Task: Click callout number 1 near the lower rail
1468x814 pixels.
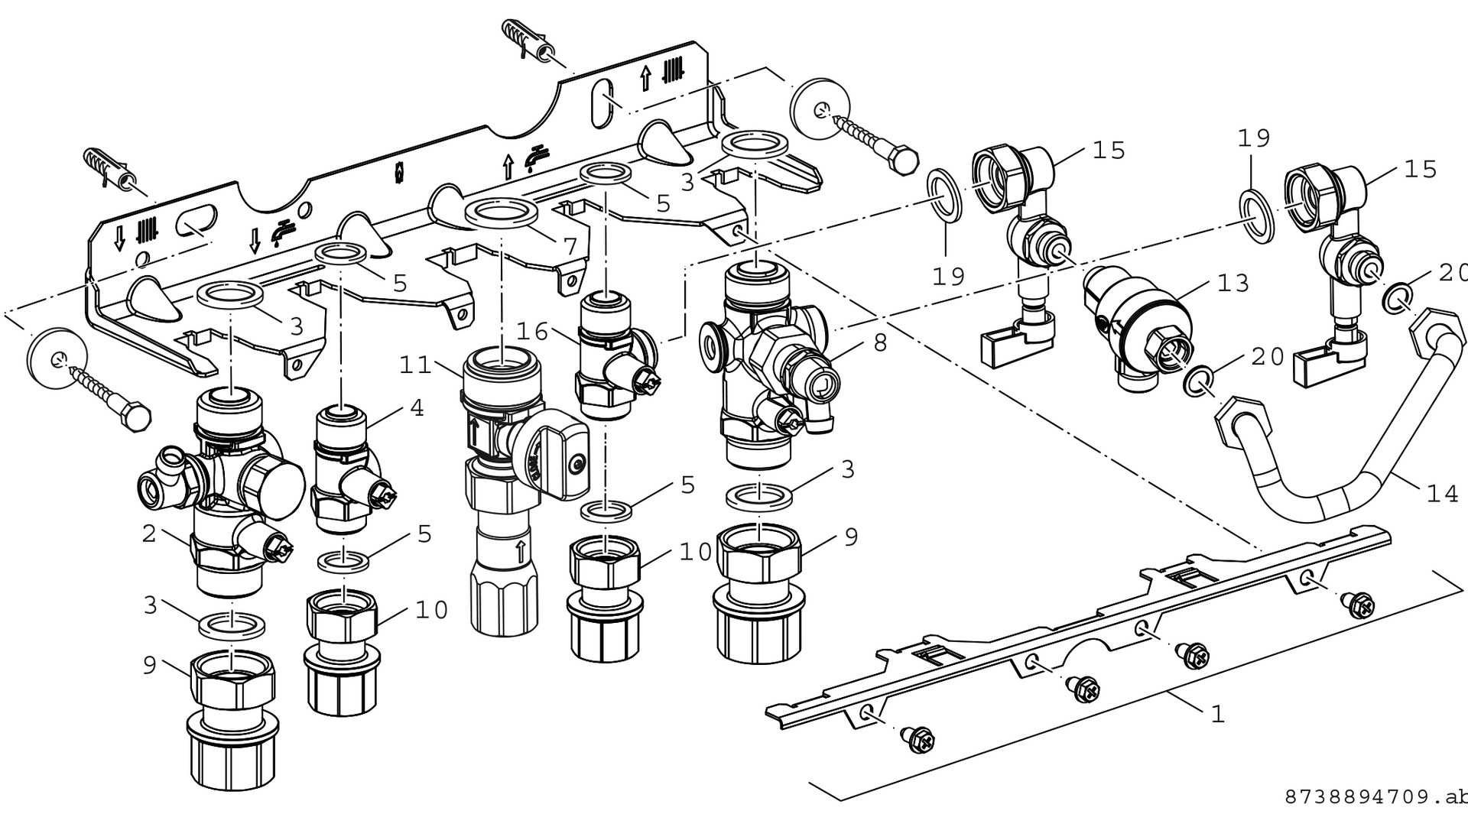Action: (x=1218, y=714)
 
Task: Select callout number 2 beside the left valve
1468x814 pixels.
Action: (x=149, y=533)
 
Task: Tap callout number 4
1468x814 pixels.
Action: (x=416, y=407)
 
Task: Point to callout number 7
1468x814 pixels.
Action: (x=570, y=246)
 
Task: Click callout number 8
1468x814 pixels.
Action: (x=880, y=342)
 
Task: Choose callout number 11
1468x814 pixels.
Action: (x=416, y=365)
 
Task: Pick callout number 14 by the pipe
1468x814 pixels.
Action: (x=1443, y=494)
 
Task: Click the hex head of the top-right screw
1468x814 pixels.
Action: (x=904, y=161)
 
